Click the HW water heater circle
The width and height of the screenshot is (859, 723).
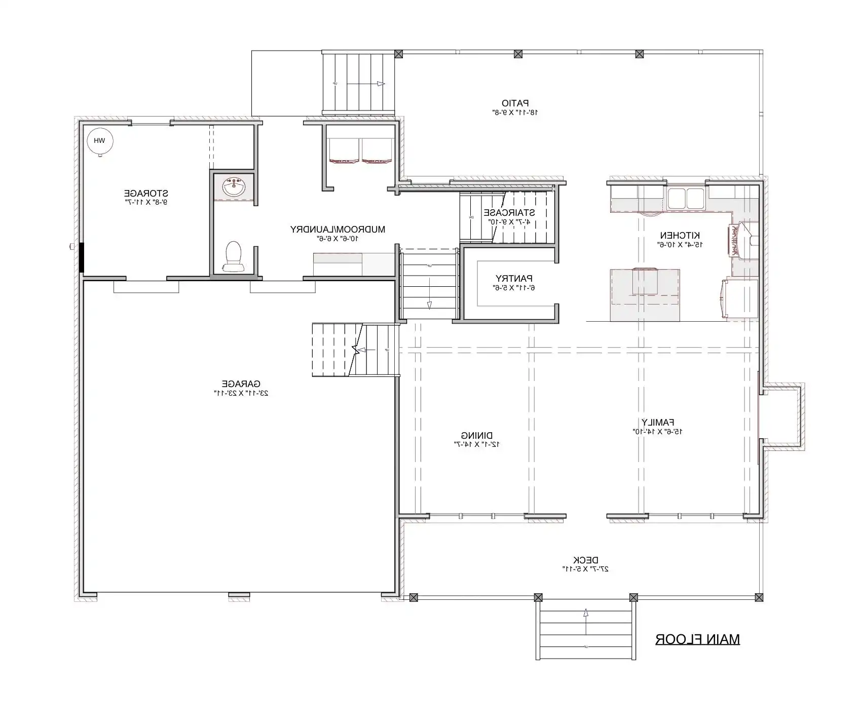[99, 141]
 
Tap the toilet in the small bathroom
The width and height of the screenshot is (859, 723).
[233, 256]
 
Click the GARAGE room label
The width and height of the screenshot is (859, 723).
[241, 384]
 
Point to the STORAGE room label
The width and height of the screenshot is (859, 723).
[146, 193]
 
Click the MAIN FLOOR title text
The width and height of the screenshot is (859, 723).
[697, 639]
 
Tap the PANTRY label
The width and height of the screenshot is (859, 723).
[513, 278]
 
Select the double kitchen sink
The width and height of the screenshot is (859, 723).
[685, 198]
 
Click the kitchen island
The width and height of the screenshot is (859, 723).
[645, 295]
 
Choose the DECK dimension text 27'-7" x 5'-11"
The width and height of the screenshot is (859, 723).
[585, 569]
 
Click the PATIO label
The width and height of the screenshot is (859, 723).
[515, 103]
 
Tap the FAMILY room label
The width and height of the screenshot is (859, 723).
[658, 422]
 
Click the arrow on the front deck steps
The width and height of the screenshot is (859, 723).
[586, 613]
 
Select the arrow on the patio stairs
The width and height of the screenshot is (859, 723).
[380, 84]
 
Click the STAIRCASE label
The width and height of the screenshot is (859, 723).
[509, 213]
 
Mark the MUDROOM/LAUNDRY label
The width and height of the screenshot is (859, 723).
[338, 229]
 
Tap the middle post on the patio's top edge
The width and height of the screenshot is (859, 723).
[518, 54]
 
